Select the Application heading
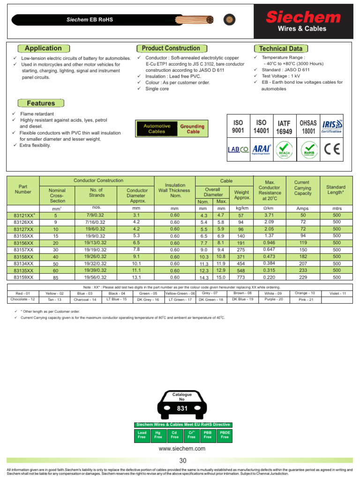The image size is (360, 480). pyautogui.click(x=43, y=48)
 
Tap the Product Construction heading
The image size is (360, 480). pyautogui.click(x=171, y=48)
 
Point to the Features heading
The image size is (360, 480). pyautogui.click(x=41, y=103)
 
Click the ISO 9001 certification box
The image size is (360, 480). pyautogui.click(x=238, y=127)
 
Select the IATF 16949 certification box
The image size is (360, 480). pyautogui.click(x=285, y=127)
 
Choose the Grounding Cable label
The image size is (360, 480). pyautogui.click(x=193, y=129)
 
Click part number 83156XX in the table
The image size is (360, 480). pyautogui.click(x=23, y=243)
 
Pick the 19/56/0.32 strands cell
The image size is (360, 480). pyautogui.click(x=96, y=277)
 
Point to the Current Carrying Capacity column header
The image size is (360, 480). pyautogui.click(x=302, y=187)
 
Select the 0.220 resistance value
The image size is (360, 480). pyautogui.click(x=270, y=277)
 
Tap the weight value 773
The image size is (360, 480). pyautogui.click(x=241, y=277)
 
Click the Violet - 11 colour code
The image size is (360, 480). pyautogui.click(x=337, y=293)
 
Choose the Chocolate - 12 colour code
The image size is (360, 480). pyautogui.click(x=22, y=299)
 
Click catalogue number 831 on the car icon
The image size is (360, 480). pyautogui.click(x=182, y=409)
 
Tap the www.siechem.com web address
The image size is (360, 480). pyautogui.click(x=182, y=449)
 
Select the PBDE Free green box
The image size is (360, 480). pyautogui.click(x=225, y=435)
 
